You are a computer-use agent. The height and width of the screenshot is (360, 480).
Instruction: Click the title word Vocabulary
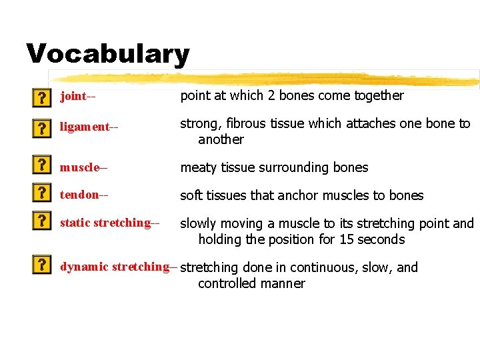coord(107,54)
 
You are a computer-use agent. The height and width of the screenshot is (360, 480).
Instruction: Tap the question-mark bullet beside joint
coord(41,98)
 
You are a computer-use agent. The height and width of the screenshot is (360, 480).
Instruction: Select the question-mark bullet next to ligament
coord(41,127)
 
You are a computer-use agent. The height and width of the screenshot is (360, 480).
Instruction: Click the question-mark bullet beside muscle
coord(41,165)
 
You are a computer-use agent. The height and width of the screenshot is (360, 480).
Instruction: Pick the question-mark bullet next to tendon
coord(41,194)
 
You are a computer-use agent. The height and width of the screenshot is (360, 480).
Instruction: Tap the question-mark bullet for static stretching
coord(41,222)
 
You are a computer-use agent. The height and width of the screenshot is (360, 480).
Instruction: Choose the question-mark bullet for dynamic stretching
coord(41,265)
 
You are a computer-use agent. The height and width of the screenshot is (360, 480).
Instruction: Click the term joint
coord(73,96)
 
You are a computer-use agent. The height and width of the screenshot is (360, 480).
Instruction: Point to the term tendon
coord(79,195)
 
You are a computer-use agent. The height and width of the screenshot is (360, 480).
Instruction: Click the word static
coord(75,222)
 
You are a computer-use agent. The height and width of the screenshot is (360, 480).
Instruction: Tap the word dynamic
coord(85,267)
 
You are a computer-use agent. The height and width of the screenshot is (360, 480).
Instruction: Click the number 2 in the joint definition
coord(271,95)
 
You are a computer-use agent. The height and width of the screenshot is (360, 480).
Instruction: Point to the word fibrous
coord(247,123)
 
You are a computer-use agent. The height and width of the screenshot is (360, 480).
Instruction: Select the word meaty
coord(198,167)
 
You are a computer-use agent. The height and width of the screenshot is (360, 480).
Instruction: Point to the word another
coord(221,139)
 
